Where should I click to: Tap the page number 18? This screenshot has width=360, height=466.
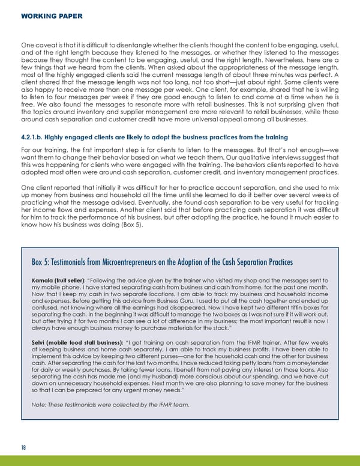(23, 447)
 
